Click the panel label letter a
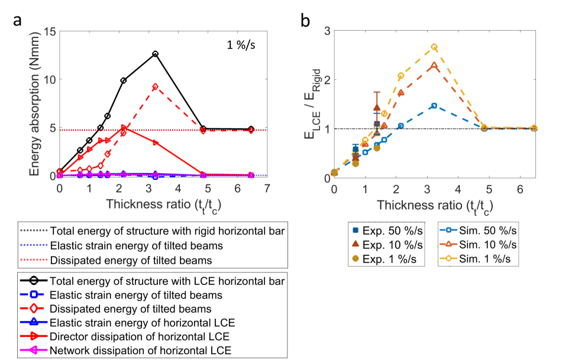coord(18,19)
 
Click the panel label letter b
coord(306,20)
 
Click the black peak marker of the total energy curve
coord(155,54)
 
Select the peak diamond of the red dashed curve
coord(155,86)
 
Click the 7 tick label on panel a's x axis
coord(267,188)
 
